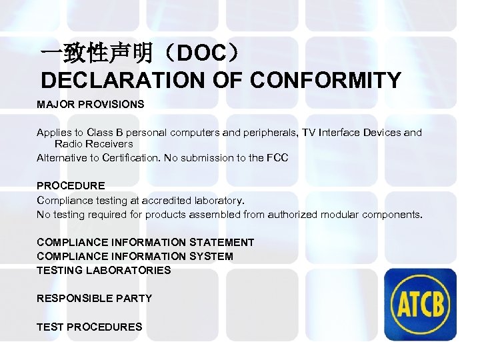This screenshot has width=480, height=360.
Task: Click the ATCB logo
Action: pyautogui.click(x=421, y=305)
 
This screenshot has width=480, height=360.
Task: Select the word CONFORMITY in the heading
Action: pyautogui.click(x=326, y=81)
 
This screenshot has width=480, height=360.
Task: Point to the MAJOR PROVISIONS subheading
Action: pyautogui.click(x=90, y=105)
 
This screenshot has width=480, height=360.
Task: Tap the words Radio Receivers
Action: pyautogui.click(x=93, y=143)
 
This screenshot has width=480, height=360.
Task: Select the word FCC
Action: pyautogui.click(x=277, y=157)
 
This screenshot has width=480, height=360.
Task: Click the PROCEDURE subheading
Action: pyautogui.click(x=71, y=185)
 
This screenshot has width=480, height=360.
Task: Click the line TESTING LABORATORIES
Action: pyautogui.click(x=103, y=270)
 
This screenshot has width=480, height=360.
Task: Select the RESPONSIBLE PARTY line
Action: pyautogui.click(x=94, y=298)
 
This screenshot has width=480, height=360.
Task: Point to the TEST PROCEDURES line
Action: pyautogui.click(x=89, y=327)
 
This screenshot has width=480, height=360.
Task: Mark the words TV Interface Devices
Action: pyautogui.click(x=350, y=133)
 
